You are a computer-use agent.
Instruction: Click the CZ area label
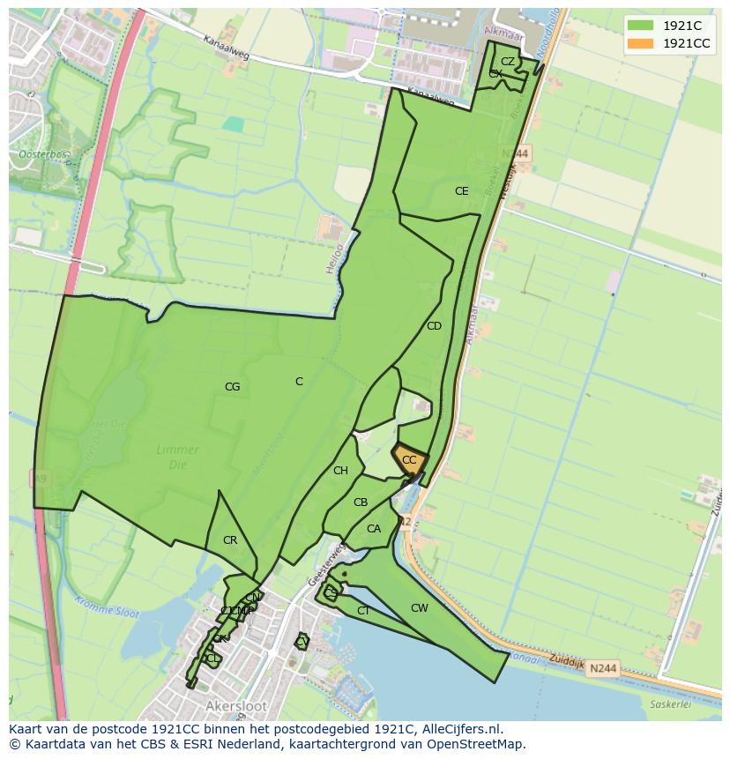[508, 62]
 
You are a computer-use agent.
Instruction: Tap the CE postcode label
[461, 191]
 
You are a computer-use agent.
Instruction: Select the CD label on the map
[434, 326]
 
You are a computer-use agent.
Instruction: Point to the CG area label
[232, 387]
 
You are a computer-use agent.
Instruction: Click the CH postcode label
[340, 471]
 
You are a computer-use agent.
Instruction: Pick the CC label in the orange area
[409, 460]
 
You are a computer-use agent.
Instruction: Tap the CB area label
[360, 502]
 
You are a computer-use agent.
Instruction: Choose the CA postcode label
[374, 529]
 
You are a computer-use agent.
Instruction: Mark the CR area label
[230, 540]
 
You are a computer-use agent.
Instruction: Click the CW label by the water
[420, 608]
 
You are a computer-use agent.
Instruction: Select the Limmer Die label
[177, 456]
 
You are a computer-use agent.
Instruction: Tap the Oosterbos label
[41, 155]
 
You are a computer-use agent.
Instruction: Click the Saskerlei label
[667, 704]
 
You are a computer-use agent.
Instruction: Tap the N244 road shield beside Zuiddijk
[603, 669]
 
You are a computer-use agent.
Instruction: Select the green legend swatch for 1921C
[641, 26]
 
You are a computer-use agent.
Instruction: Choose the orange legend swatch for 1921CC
[641, 43]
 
